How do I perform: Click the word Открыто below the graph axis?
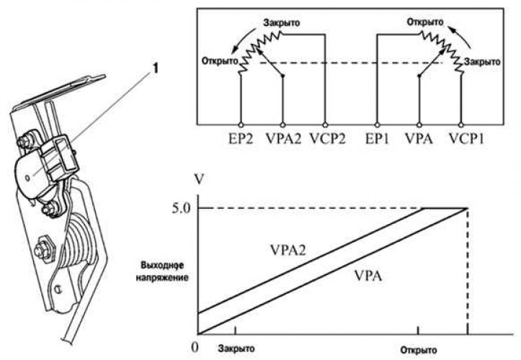click(419, 347)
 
